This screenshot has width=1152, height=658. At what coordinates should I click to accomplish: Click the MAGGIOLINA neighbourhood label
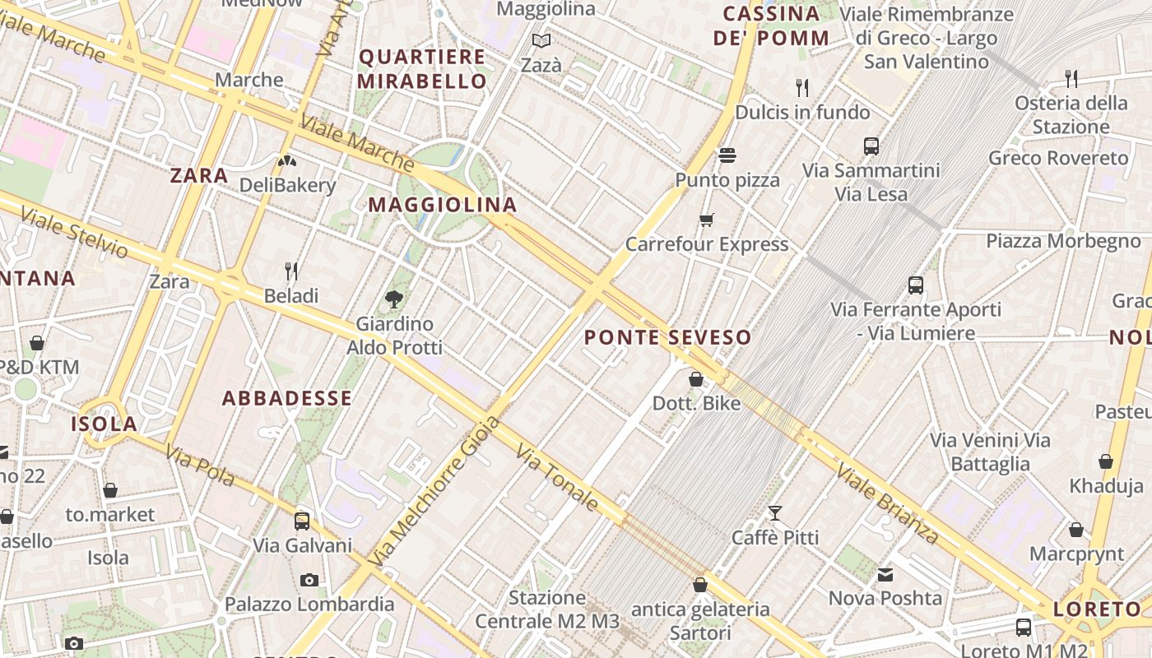pos(442,205)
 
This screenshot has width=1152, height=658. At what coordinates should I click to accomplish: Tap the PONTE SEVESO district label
pos(667,337)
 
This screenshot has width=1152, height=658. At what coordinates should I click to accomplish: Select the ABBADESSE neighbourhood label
pos(287,399)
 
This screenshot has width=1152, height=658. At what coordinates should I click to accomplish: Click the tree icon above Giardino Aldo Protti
pos(394,299)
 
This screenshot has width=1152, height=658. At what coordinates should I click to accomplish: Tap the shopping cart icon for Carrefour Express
pos(706,220)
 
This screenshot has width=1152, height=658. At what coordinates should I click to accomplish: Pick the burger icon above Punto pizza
pos(727,155)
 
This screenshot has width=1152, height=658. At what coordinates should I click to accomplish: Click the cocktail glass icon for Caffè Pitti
pos(775,513)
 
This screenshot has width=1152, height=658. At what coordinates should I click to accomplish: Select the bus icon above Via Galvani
pos(302,521)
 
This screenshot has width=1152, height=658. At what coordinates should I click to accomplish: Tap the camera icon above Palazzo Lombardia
pos(309,580)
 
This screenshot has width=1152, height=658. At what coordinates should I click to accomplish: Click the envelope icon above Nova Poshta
pos(885,574)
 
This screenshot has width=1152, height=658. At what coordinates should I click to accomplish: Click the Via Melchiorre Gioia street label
pos(434,491)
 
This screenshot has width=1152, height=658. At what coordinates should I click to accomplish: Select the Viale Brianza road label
pos(888,504)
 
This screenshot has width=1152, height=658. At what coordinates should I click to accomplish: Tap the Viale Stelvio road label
pos(74,233)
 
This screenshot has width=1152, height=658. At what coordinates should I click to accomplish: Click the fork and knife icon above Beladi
pos(290,271)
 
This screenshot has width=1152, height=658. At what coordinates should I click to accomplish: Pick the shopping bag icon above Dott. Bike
pos(696,379)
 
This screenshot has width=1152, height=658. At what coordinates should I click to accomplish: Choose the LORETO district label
pos(1097,609)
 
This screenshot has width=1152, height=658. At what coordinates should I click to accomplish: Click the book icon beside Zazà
pos(541,40)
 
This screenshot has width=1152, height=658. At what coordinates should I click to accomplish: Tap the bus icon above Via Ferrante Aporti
pos(916,285)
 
